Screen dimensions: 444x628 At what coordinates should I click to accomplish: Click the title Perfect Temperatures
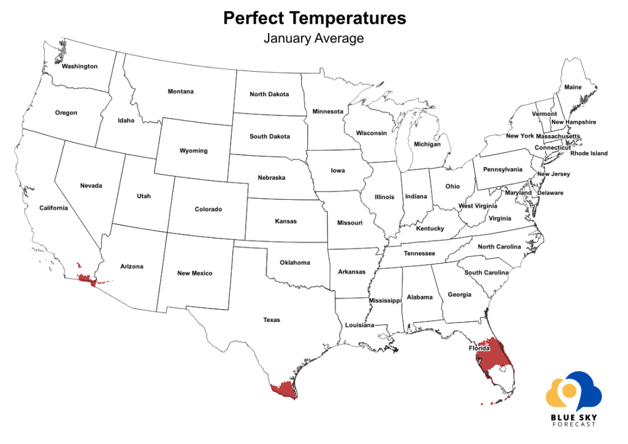(x=314, y=18)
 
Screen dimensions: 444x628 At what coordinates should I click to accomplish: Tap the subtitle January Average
(x=314, y=38)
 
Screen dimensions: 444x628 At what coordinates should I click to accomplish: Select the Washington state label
(x=79, y=66)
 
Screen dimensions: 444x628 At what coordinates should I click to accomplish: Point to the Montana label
(x=181, y=92)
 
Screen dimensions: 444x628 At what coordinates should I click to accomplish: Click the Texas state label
(x=271, y=320)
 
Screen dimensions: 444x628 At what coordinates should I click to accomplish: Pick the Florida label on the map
(x=480, y=348)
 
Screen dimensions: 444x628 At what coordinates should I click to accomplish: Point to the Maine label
(x=573, y=87)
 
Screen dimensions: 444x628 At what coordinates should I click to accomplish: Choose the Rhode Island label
(x=589, y=153)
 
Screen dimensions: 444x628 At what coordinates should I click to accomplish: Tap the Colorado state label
(x=209, y=210)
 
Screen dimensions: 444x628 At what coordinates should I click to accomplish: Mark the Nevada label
(x=91, y=186)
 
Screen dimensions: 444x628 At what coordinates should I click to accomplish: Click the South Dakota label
(x=270, y=137)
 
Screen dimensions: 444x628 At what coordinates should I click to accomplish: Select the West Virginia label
(x=478, y=206)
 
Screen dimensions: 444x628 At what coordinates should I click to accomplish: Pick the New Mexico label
(x=195, y=274)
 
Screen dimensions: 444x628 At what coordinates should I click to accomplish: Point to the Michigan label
(x=427, y=145)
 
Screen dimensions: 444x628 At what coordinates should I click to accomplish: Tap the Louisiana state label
(x=359, y=325)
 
